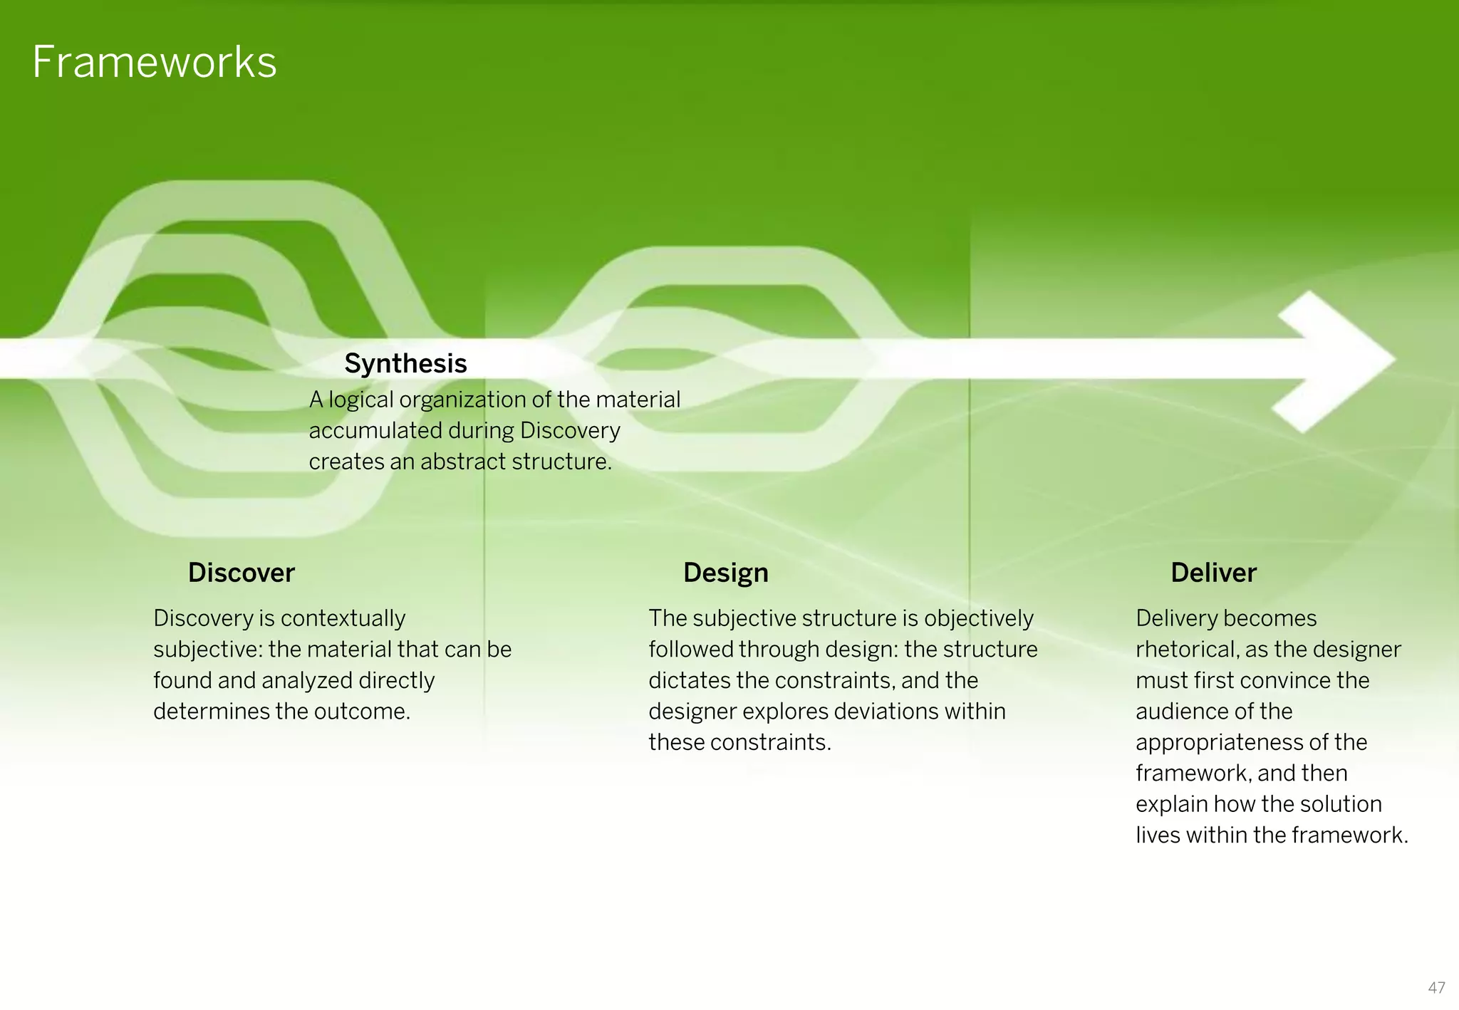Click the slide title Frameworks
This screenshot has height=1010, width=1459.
154,62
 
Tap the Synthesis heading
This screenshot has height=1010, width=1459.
405,363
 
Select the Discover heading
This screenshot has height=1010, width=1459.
241,573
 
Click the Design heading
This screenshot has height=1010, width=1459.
725,573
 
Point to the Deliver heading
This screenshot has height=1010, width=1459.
1213,573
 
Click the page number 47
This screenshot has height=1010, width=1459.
1436,988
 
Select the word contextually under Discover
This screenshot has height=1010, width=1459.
343,618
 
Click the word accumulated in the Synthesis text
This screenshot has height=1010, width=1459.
375,431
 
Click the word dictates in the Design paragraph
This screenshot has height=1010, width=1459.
689,680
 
